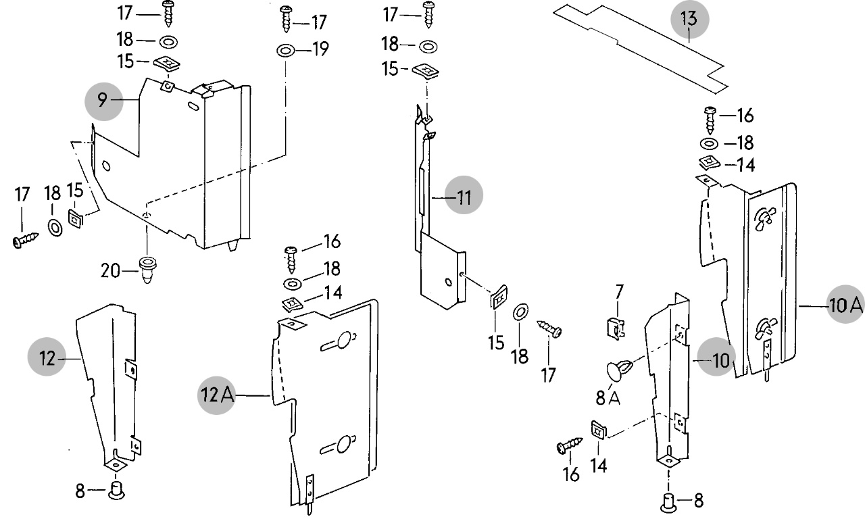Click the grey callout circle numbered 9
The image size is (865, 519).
102,101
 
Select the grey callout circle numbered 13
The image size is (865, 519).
689,19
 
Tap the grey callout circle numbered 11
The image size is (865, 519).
464,197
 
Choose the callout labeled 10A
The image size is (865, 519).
845,306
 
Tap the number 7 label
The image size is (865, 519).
620,293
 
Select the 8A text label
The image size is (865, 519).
608,398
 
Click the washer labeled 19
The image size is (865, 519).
285,50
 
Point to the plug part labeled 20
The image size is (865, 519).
147,269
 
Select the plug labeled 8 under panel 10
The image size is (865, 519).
668,502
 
